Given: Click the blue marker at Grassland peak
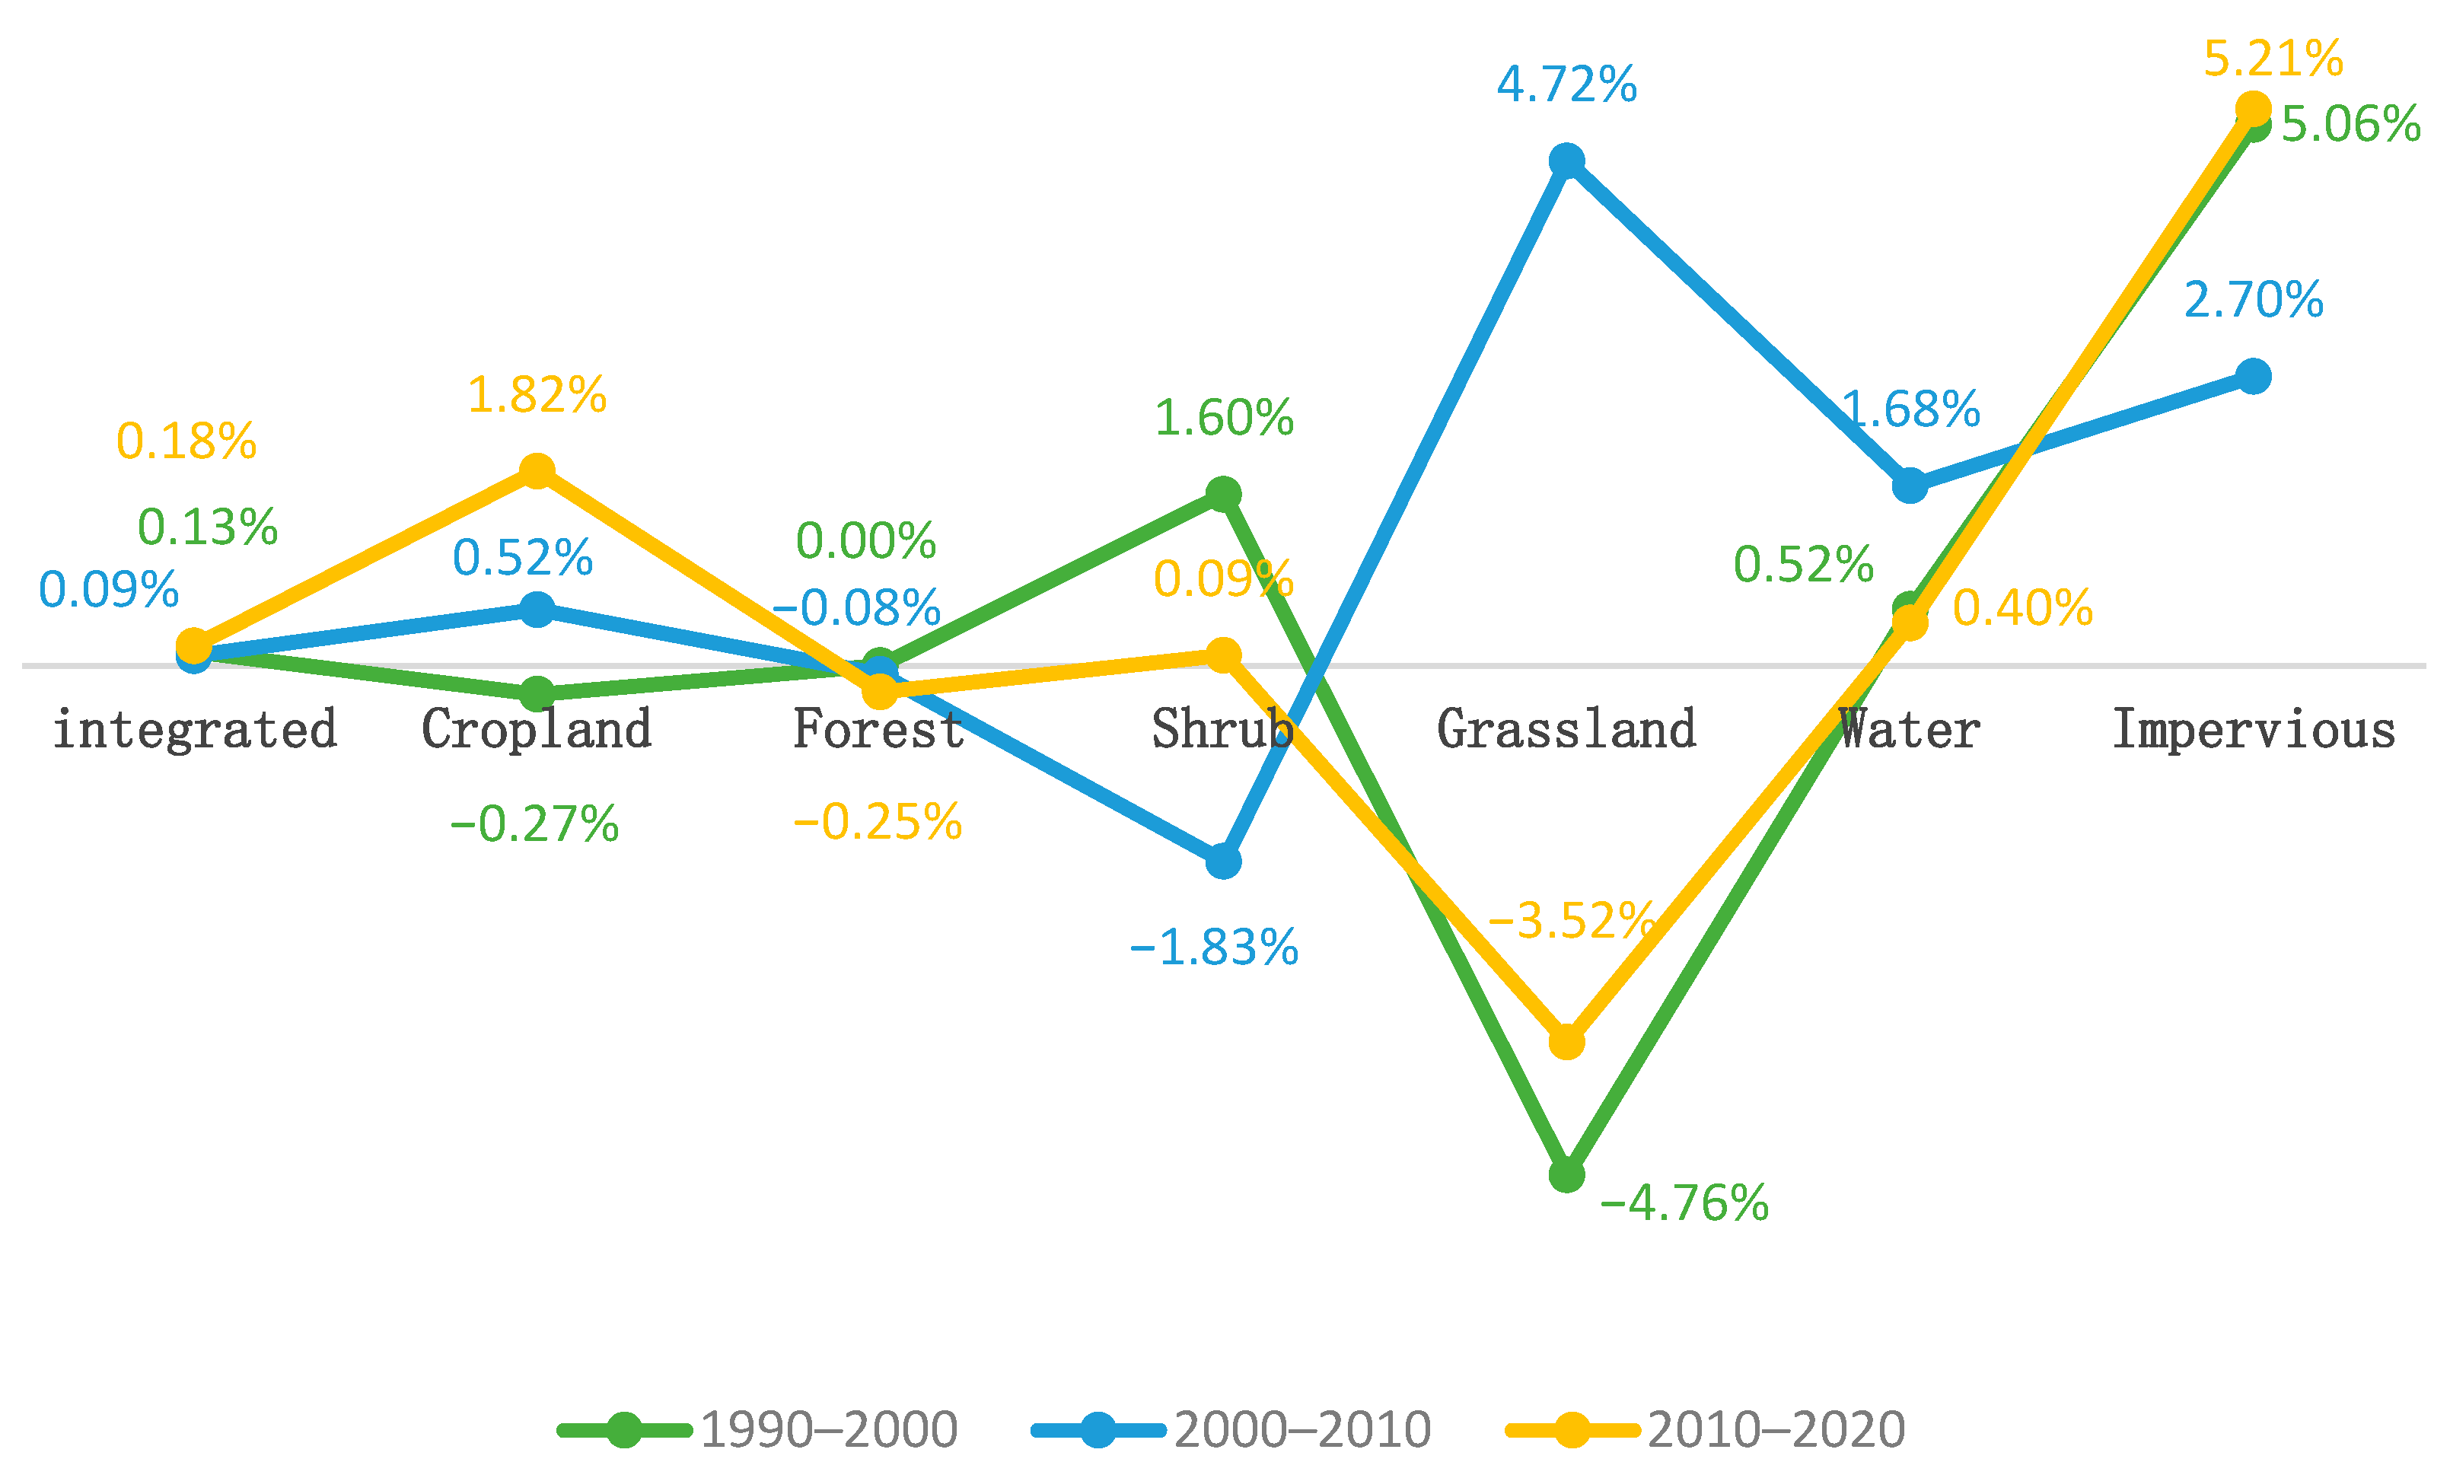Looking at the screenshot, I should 1566,160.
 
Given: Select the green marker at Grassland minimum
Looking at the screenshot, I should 1566,1175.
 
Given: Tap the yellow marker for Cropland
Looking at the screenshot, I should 537,471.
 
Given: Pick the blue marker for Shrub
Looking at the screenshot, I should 1223,861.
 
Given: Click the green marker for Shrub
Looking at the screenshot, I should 1223,494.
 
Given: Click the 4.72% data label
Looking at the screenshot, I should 1566,84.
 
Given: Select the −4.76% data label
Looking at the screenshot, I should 1684,1204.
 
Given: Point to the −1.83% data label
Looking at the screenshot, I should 1214,948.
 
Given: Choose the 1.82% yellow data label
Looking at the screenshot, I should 537,396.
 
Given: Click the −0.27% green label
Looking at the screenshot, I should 535,824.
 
